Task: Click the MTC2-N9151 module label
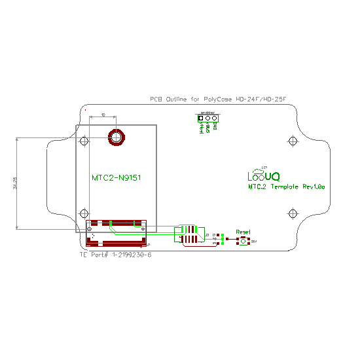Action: [117, 177]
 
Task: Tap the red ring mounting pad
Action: [117, 137]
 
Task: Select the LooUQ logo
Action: [263, 175]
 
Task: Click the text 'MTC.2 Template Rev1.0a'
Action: [286, 187]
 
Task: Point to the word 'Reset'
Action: [243, 232]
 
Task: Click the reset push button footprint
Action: [243, 242]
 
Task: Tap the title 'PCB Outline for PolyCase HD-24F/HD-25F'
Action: [218, 99]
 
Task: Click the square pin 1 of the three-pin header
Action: [201, 118]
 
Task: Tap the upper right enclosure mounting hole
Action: [292, 141]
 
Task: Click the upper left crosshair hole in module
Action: [83, 141]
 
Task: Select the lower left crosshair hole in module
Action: [83, 213]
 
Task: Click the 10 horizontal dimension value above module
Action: [104, 115]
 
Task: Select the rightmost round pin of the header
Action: [215, 118]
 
